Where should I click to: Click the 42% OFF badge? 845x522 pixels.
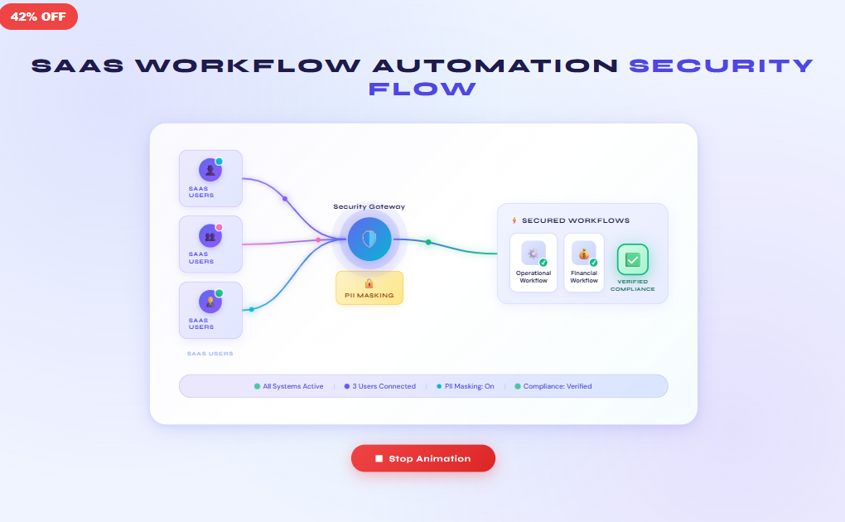[38, 17]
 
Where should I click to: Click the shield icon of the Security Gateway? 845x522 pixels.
[369, 239]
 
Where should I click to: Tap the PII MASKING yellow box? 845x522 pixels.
[369, 288]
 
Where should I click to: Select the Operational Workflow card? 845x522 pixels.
[534, 262]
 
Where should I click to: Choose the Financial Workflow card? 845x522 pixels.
[584, 262]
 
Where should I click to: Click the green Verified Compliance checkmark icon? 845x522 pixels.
[632, 259]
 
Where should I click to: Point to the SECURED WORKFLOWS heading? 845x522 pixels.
[575, 220]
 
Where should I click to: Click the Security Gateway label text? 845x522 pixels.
[369, 206]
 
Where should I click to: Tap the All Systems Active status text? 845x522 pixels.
[292, 386]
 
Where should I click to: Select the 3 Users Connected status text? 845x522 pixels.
[384, 386]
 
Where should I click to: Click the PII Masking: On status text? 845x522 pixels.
[469, 386]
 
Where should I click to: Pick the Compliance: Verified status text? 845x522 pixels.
[558, 386]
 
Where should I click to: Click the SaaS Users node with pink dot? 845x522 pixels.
[210, 244]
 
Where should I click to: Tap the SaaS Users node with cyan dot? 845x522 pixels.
[210, 178]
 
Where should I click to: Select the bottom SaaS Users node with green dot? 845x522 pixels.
[210, 309]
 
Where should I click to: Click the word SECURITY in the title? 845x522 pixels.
[721, 66]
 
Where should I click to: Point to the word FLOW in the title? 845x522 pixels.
[422, 88]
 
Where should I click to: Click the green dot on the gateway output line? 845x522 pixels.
[428, 242]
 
